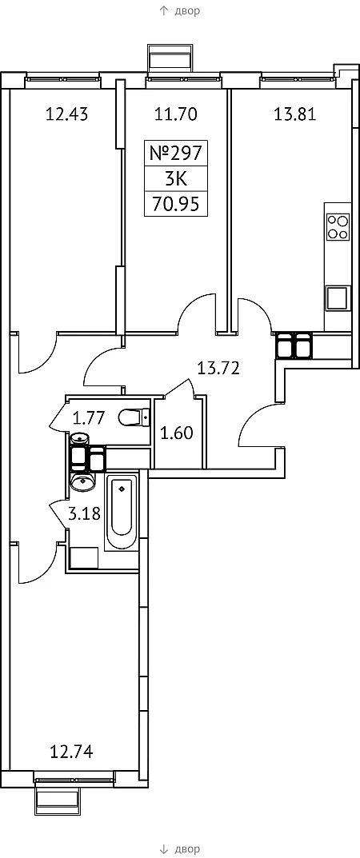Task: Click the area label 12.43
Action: point(66,114)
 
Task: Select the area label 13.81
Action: point(295,114)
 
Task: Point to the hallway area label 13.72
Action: point(218,369)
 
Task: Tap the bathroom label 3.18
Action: point(84,514)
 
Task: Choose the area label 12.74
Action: point(71,752)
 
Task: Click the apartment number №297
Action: point(176,154)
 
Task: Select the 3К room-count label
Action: point(176,179)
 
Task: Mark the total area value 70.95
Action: point(176,204)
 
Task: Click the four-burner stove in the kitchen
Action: point(337,226)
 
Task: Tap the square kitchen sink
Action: point(337,299)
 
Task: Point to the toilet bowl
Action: point(134,418)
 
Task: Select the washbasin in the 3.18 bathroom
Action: point(82,481)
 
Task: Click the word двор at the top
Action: point(187,11)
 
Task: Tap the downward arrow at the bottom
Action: point(163,848)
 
